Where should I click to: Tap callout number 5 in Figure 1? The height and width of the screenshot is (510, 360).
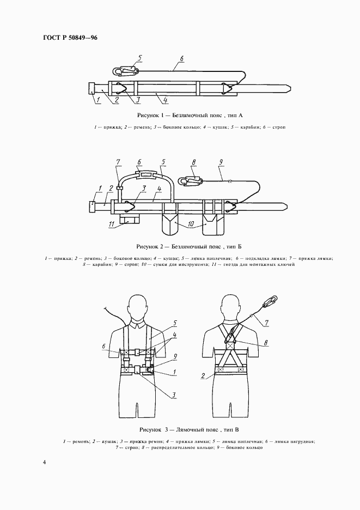point(140,57)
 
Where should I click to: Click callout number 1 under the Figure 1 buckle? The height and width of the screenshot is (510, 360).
point(97,100)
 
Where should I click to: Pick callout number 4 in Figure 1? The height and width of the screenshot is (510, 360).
point(157,100)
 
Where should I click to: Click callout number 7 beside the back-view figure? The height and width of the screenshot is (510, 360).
point(267,323)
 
